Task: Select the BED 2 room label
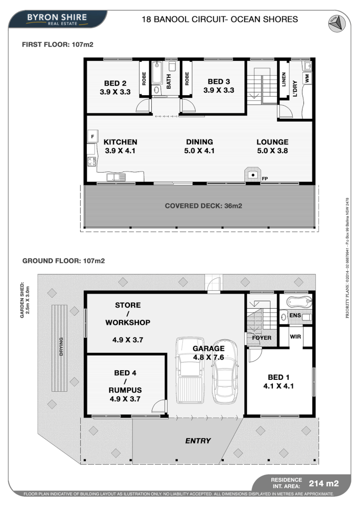coord(115,83)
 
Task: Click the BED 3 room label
coord(219,82)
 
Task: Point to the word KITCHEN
coord(120,142)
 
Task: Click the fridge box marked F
coord(92,137)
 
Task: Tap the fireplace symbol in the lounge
coord(253,175)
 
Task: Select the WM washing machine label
coord(307,78)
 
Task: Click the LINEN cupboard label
coord(284,80)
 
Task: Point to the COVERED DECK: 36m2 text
coord(204,206)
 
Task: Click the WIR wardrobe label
coord(295,337)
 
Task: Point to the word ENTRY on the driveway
coord(198,441)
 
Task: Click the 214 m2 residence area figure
coord(324,484)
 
